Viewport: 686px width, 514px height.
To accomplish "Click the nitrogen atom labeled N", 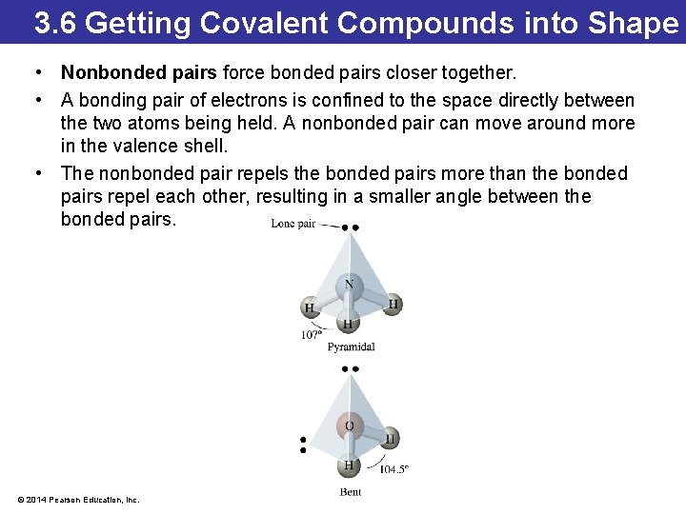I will (x=349, y=284).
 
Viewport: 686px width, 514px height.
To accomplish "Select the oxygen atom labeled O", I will (x=349, y=425).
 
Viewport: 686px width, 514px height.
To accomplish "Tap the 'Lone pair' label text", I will (x=293, y=224).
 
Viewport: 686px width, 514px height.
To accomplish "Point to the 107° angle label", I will (x=312, y=335).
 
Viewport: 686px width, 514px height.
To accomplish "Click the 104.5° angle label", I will (x=394, y=468).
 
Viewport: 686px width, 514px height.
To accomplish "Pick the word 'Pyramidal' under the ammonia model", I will (x=351, y=347).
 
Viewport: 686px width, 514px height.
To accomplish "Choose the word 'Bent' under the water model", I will (x=351, y=491).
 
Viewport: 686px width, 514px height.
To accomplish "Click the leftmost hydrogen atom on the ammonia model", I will (x=310, y=307).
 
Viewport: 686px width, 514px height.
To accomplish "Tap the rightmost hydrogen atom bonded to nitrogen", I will (x=393, y=304).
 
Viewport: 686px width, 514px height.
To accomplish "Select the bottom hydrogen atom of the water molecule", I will (x=349, y=465).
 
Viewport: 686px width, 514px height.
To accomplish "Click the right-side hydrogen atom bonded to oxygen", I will (x=389, y=439).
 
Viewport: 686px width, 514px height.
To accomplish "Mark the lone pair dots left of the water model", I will (x=302, y=445).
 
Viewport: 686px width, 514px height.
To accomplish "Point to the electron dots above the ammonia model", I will (x=351, y=227).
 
